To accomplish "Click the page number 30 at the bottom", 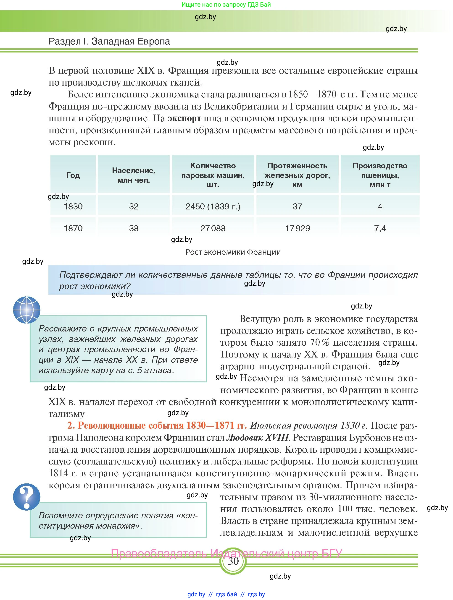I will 233,561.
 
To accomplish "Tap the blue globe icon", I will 26,310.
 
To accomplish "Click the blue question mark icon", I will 26,497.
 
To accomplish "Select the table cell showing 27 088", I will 213,228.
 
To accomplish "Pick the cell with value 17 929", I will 298,228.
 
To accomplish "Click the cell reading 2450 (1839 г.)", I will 213,206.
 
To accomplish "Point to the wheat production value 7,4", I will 380,228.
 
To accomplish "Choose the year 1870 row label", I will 73,228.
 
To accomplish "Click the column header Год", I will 73,175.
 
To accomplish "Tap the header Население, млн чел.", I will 134,175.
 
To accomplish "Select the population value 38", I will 134,228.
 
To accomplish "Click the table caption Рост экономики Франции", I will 233,252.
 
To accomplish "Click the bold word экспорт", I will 184,118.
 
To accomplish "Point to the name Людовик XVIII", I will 257,438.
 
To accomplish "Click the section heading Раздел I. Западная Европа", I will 109,41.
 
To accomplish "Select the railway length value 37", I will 298,206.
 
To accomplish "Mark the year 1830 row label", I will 73,206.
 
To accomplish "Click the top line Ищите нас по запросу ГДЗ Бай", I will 226,5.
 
